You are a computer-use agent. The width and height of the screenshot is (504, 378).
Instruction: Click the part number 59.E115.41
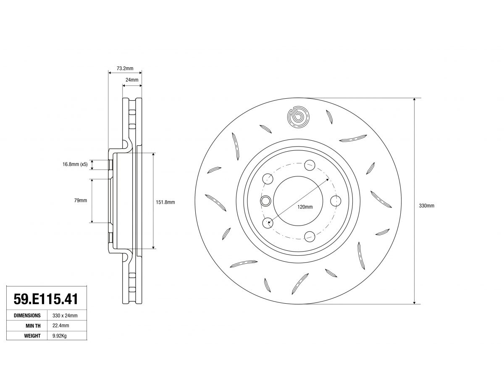click(x=46, y=299)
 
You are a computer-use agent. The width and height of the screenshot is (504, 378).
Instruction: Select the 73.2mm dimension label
click(x=125, y=68)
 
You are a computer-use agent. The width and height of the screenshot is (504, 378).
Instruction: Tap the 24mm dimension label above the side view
click(x=132, y=80)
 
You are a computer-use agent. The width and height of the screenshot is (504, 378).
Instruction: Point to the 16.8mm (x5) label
click(x=75, y=164)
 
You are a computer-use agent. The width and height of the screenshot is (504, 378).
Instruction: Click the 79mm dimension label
click(x=81, y=200)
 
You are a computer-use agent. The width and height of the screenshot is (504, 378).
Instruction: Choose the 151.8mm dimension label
click(x=165, y=202)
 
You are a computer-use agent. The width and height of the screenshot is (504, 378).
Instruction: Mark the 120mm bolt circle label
click(x=305, y=207)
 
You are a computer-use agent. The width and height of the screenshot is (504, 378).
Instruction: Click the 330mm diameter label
click(x=427, y=206)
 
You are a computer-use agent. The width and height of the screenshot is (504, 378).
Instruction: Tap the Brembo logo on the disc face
click(x=298, y=117)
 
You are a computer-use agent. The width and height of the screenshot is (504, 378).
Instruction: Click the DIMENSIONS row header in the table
click(x=27, y=315)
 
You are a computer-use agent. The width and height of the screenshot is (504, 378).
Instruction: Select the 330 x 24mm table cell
click(x=65, y=315)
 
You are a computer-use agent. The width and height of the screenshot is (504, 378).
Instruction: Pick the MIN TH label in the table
click(x=33, y=325)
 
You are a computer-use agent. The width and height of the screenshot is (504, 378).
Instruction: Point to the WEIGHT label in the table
click(x=32, y=336)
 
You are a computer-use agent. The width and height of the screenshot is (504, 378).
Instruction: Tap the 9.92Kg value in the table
click(x=60, y=336)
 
